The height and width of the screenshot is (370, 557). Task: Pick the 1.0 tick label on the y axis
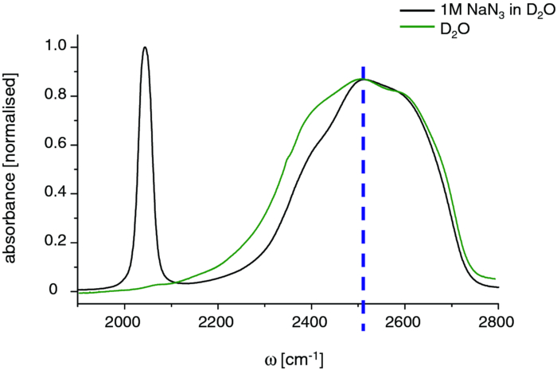[x=53, y=48]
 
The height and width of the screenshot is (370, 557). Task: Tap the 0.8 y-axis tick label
[x=53, y=96]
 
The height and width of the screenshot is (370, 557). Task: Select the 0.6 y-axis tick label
[x=53, y=145]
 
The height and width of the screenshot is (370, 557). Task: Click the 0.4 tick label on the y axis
[x=53, y=193]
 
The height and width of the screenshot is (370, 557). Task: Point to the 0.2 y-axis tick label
[x=53, y=243]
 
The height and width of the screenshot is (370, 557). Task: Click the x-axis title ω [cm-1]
[x=287, y=352]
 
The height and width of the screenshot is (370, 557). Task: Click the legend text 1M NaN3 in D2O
[x=493, y=11]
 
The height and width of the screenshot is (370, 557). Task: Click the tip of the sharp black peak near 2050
[x=145, y=47]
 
